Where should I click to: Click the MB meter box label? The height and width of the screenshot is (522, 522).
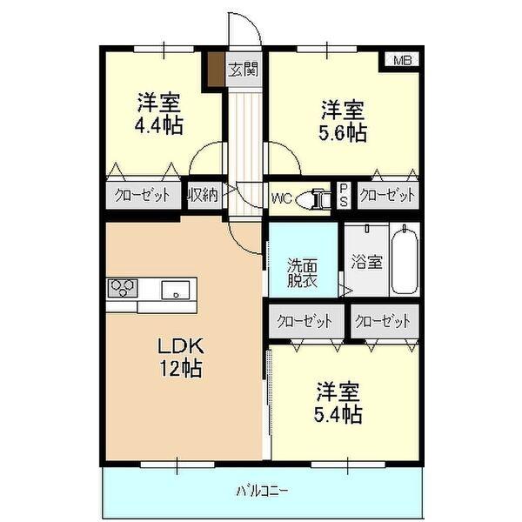pyautogui.click(x=402, y=60)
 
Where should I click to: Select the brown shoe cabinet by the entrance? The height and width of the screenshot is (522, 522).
pyautogui.click(x=214, y=70)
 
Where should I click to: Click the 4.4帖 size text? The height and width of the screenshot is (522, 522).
pyautogui.click(x=158, y=125)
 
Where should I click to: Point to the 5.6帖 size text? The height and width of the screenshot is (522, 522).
pyautogui.click(x=342, y=132)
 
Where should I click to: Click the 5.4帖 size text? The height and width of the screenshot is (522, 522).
pyautogui.click(x=338, y=414)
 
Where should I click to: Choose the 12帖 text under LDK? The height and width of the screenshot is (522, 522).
pyautogui.click(x=181, y=369)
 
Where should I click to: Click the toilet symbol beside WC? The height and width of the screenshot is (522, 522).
pyautogui.click(x=312, y=198)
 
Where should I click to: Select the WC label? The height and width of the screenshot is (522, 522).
pyautogui.click(x=281, y=197)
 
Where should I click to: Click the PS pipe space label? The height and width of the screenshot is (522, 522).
pyautogui.click(x=344, y=194)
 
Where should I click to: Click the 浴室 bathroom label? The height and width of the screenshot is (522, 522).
pyautogui.click(x=366, y=261)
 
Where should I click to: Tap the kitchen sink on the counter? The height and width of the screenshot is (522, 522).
pyautogui.click(x=178, y=290)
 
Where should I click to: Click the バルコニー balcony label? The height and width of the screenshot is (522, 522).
pyautogui.click(x=262, y=492)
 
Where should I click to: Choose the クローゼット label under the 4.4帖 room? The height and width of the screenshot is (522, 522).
pyautogui.click(x=143, y=195)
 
